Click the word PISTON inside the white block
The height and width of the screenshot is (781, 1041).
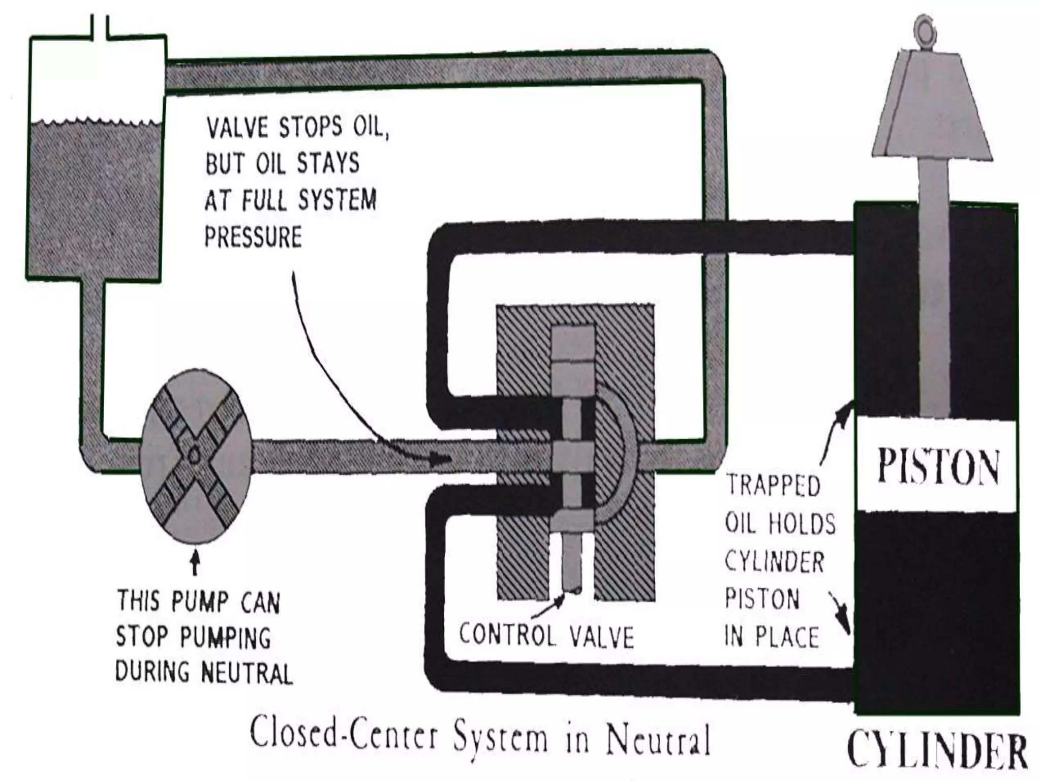pyautogui.click(x=938, y=466)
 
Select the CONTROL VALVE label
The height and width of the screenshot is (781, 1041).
pyautogui.click(x=546, y=636)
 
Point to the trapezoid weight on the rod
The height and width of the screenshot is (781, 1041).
pyautogui.click(x=932, y=107)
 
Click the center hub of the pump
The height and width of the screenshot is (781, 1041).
pyautogui.click(x=195, y=455)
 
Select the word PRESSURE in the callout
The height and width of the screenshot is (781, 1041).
pyautogui.click(x=253, y=237)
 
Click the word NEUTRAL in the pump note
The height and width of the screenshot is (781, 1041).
pyautogui.click(x=247, y=673)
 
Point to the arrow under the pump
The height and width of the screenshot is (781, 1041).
pyautogui.click(x=195, y=563)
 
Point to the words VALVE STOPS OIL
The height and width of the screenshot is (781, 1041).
pyautogui.click(x=297, y=127)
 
